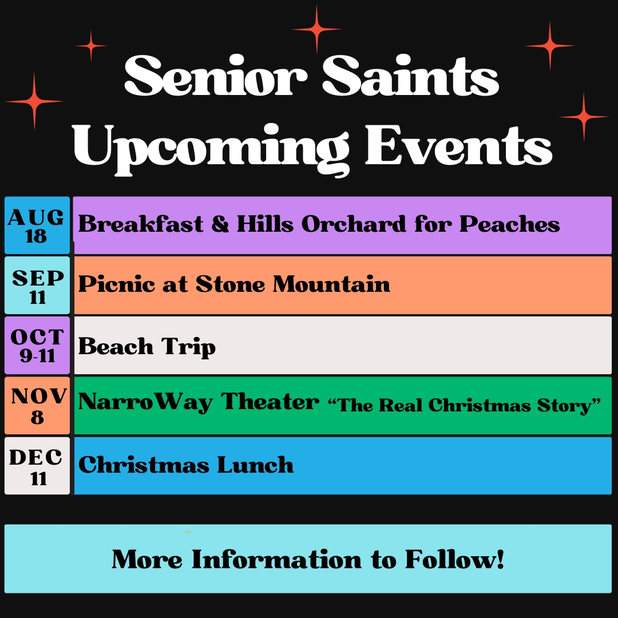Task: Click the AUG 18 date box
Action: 37,225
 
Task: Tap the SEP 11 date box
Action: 37,286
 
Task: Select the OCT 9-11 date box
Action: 37,345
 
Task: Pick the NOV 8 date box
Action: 37,406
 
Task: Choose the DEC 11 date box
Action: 37,465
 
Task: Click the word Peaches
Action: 509,224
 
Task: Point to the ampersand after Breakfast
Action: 220,224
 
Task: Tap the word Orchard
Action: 354,224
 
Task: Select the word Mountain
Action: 331,284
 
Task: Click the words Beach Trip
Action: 147,347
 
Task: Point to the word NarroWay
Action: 145,402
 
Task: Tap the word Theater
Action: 270,402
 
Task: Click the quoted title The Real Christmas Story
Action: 464,405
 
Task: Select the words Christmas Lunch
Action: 186,465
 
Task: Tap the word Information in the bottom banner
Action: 276,559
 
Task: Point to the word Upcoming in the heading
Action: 211,148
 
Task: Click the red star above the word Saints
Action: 316,29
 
